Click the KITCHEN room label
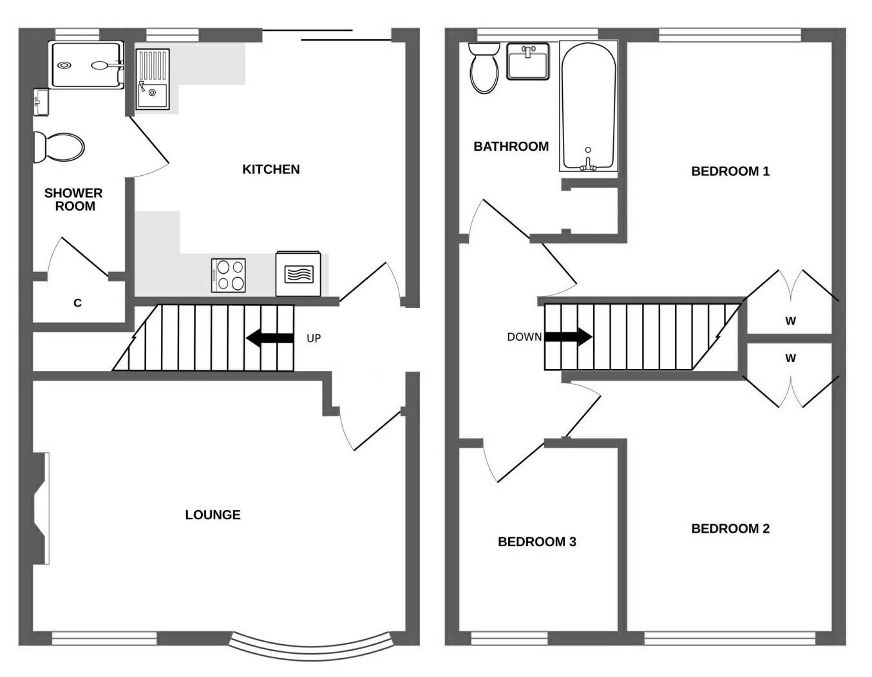(270, 169)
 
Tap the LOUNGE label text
(213, 515)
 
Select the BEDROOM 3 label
(536, 542)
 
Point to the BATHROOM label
(511, 146)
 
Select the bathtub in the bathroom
(588, 106)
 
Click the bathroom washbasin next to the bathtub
(528, 61)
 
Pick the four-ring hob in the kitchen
(229, 275)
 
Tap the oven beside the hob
(298, 274)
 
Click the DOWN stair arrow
(568, 336)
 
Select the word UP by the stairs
(314, 338)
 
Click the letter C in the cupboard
(77, 303)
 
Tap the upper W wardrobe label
(790, 321)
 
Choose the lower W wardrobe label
(790, 358)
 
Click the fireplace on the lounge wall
(40, 509)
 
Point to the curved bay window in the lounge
(312, 647)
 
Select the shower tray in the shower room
(86, 65)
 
